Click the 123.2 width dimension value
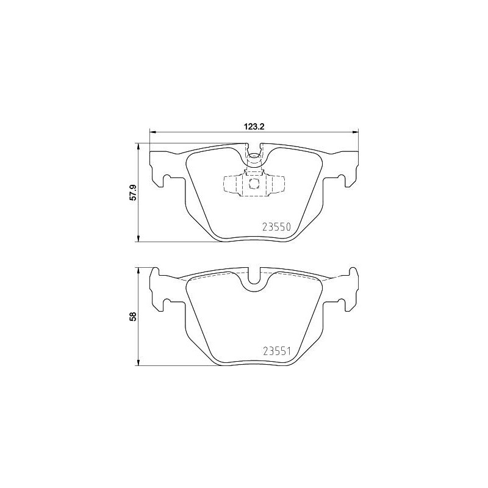[x=254, y=126]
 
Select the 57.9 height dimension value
[x=133, y=193]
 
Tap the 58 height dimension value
[x=133, y=317]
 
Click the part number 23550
[x=276, y=227]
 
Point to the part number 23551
[x=276, y=351]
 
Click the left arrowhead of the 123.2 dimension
[x=153, y=132]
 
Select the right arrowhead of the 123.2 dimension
[x=355, y=132]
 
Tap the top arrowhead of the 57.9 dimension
[x=138, y=146]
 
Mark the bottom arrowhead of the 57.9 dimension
[x=138, y=239]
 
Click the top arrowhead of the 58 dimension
[x=138, y=271]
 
